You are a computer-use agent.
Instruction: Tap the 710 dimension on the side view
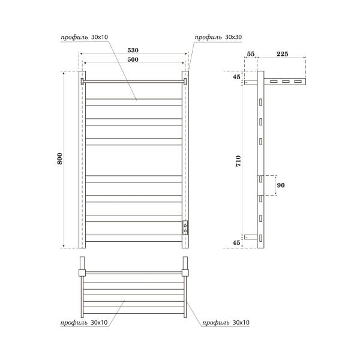point(238,160)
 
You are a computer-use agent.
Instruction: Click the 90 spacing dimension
point(281,185)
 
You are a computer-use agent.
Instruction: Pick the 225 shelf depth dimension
point(281,54)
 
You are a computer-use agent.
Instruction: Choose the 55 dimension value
point(251,54)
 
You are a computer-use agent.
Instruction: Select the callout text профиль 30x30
point(217,37)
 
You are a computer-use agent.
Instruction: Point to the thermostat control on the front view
point(185,227)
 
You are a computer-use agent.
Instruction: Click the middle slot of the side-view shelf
point(286,82)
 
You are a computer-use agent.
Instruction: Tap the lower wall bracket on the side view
point(262,238)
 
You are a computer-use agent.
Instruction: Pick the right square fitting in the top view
point(187,272)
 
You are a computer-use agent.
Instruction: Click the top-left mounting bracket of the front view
point(82,80)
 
